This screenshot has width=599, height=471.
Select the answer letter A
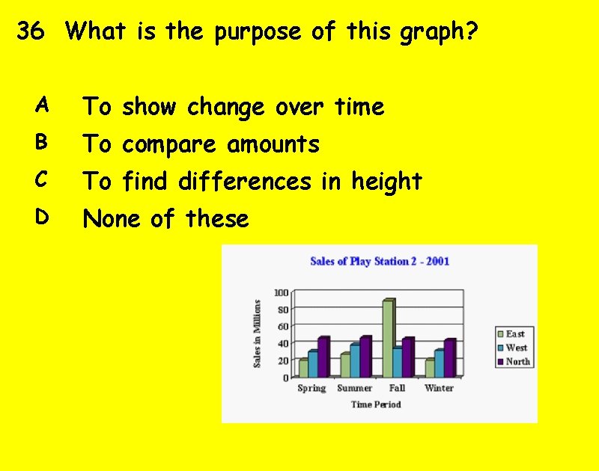(x=43, y=105)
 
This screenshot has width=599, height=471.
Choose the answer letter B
(x=43, y=141)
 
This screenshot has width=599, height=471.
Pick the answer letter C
(x=43, y=179)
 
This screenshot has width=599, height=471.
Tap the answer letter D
(x=43, y=217)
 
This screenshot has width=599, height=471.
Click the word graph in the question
(x=440, y=33)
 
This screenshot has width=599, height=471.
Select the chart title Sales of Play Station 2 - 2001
(x=380, y=261)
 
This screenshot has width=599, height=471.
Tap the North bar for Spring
(x=323, y=357)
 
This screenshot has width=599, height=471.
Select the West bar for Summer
(x=354, y=360)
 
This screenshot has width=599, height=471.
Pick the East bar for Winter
(x=430, y=367)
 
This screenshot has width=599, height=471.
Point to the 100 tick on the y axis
(x=281, y=292)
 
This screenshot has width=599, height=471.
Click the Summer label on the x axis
(x=355, y=388)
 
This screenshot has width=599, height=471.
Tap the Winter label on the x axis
(x=439, y=388)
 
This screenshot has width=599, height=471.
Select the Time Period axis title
(x=376, y=404)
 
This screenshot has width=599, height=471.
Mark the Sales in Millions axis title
(x=257, y=333)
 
